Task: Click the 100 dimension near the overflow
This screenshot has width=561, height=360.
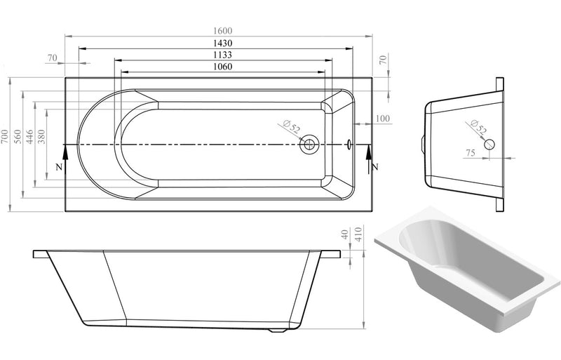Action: pos(382,118)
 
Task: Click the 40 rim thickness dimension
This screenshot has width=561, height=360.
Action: pos(345,235)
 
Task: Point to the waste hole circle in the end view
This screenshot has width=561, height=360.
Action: pos(489,144)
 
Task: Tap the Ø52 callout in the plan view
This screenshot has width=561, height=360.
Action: pos(292,128)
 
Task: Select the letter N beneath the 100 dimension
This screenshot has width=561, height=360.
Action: pos(376,166)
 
